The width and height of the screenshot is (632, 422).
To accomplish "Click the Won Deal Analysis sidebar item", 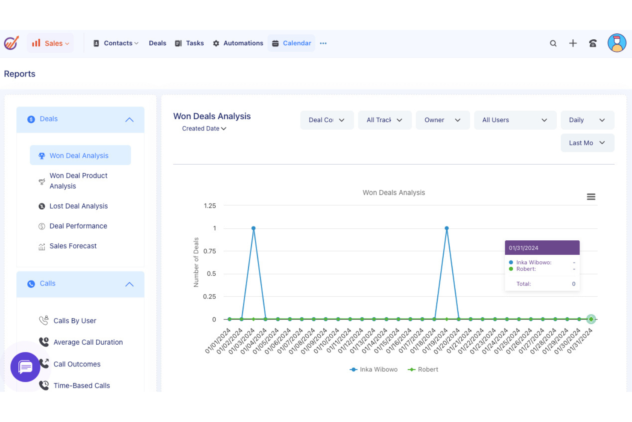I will tap(79, 156).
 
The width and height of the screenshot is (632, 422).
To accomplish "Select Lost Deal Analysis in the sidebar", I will tap(79, 206).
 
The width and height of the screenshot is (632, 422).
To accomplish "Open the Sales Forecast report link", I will tap(73, 246).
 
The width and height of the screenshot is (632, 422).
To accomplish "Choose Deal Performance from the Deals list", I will tap(78, 226).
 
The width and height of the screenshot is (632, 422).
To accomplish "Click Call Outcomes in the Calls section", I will tap(77, 364).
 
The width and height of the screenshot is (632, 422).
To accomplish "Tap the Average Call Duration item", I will tap(88, 342).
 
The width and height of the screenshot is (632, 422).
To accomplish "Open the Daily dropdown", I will tap(587, 120).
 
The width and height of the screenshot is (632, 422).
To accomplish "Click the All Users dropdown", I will tap(515, 120).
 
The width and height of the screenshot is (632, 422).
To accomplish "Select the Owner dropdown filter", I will tap(442, 120).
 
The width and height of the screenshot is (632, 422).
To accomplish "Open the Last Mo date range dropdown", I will tap(587, 143).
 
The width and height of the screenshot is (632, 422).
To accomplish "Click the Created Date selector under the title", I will tap(204, 128).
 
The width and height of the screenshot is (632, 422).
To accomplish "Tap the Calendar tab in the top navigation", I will tap(292, 43).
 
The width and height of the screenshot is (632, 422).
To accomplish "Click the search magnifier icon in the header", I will tap(553, 43).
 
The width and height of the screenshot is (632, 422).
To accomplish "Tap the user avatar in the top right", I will tap(617, 43).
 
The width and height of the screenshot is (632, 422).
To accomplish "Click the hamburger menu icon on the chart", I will tap(591, 197).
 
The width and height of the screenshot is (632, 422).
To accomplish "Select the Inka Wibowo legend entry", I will tap(374, 369).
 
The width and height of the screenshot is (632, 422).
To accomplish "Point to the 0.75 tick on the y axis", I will tap(210, 251).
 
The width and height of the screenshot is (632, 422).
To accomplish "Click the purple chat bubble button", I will tap(25, 367).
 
